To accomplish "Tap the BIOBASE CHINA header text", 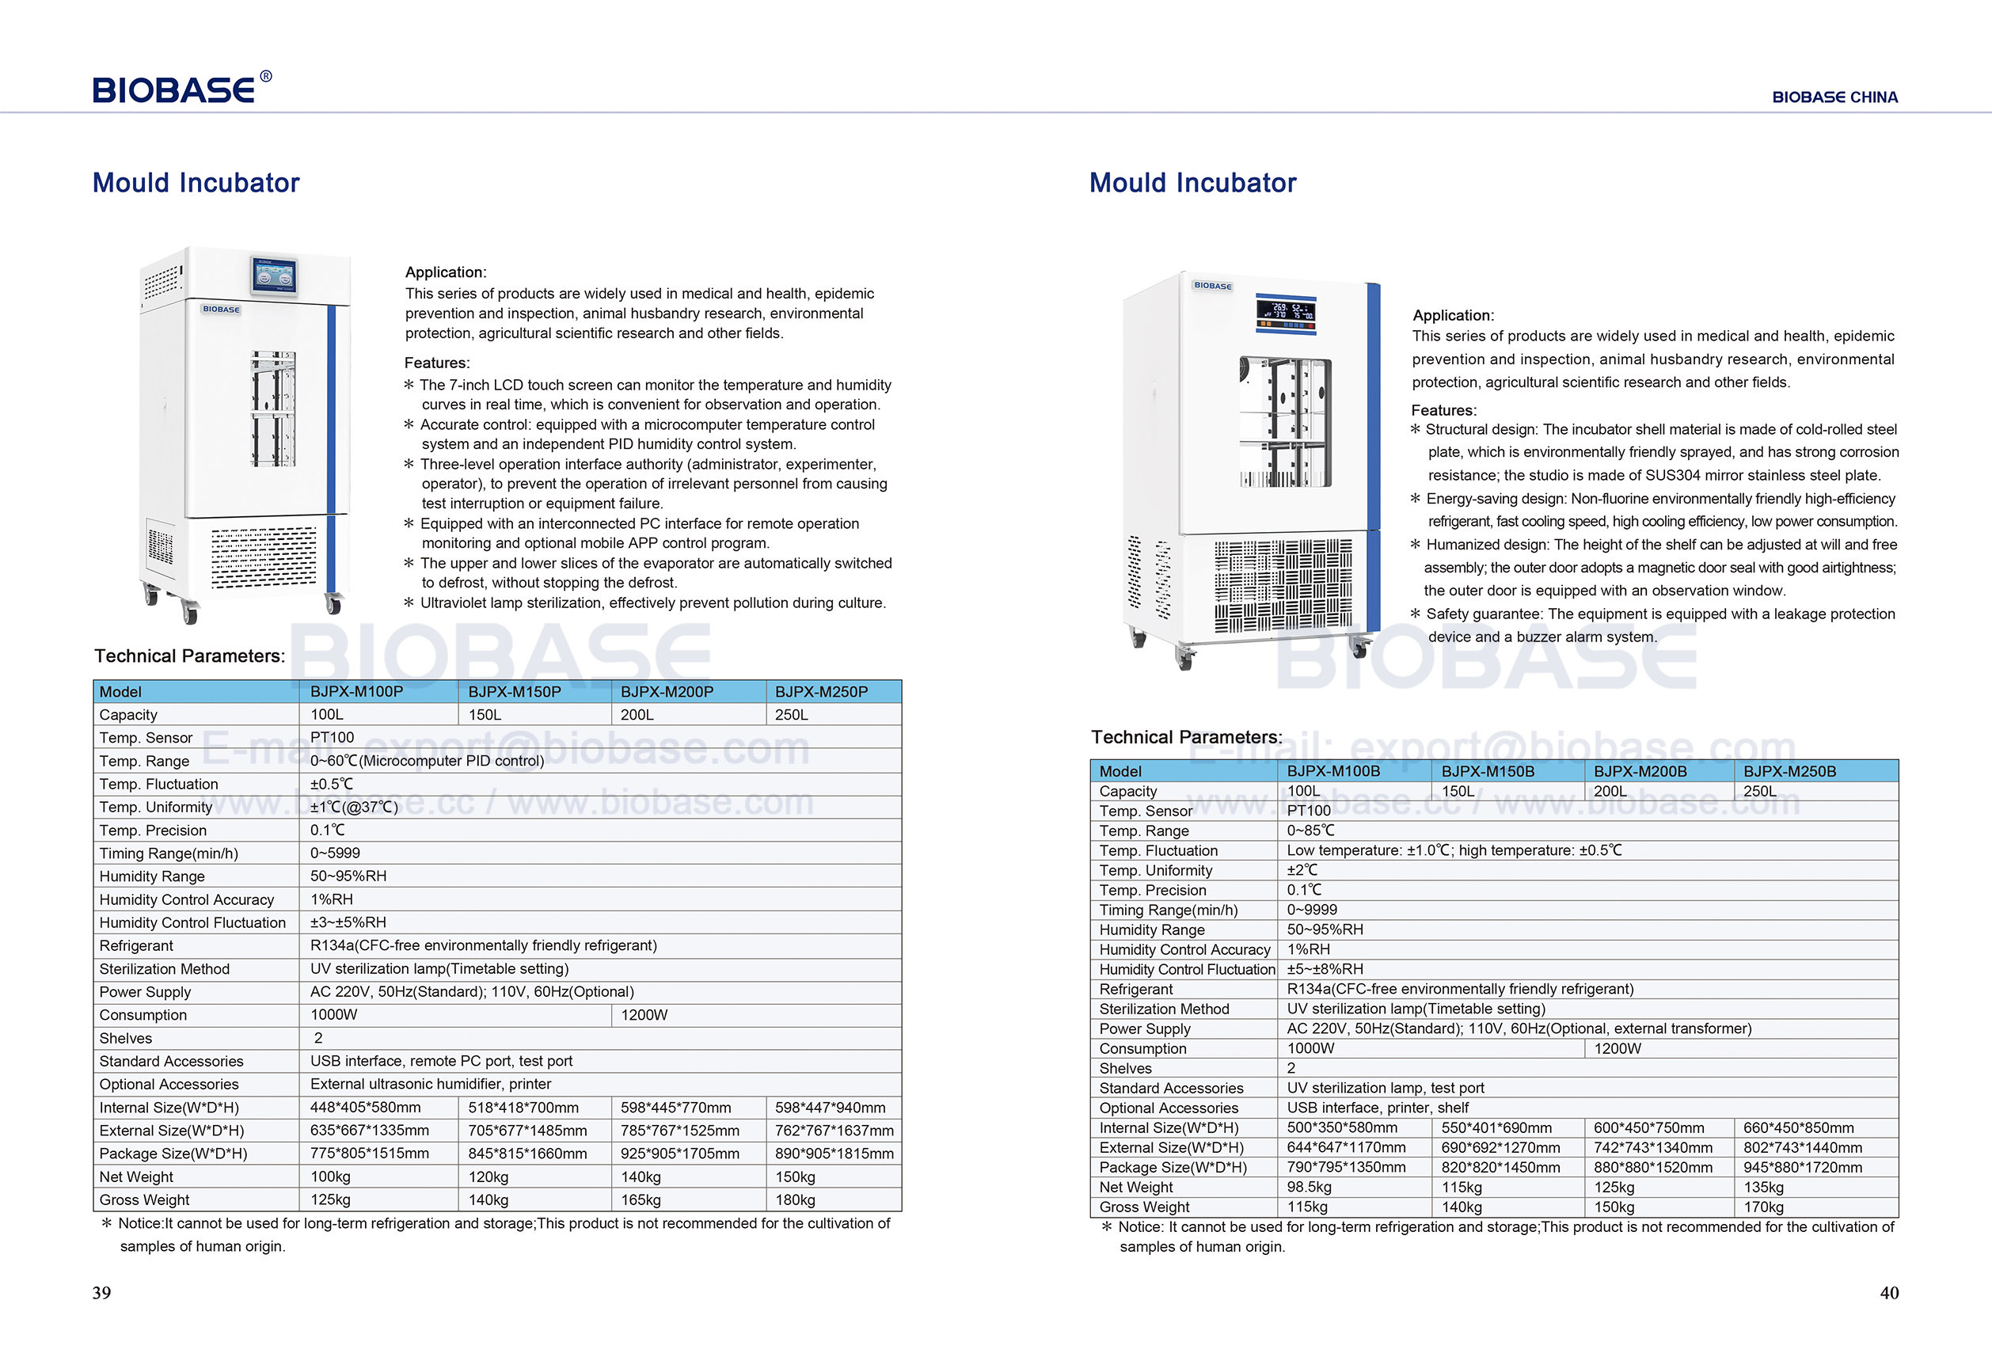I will click(x=1834, y=97).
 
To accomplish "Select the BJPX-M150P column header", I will click(x=515, y=692).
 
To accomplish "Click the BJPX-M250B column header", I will click(x=1790, y=771).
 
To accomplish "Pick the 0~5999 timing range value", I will click(x=335, y=853).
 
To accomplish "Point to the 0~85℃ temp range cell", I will click(x=1310, y=831).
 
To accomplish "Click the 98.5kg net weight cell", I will click(x=1309, y=1187).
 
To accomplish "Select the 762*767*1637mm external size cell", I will click(x=834, y=1131).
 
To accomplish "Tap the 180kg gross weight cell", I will click(x=795, y=1199).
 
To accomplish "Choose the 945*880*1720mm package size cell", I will click(x=1803, y=1167).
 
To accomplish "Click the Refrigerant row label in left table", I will click(x=136, y=945).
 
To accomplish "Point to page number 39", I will click(x=101, y=1292).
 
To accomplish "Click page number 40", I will click(x=1889, y=1292).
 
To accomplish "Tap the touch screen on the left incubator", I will click(x=274, y=277).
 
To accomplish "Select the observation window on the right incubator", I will click(x=1285, y=422).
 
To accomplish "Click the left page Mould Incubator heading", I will click(x=196, y=183).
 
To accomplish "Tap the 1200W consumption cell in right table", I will click(x=1617, y=1048).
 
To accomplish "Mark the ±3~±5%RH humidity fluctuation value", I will click(x=348, y=922).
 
